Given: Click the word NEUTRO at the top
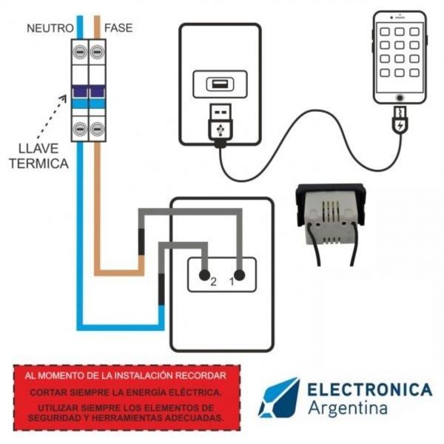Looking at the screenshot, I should (50, 28).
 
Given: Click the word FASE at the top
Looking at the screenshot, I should (118, 28).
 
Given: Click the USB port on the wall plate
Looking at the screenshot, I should (220, 84).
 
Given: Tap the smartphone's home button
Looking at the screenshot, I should (400, 97).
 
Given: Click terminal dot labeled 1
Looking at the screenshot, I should (240, 274).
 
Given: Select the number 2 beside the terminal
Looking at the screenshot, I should (212, 282).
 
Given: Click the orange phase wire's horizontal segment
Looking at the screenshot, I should (118, 272).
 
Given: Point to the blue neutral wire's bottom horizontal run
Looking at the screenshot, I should (118, 326).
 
